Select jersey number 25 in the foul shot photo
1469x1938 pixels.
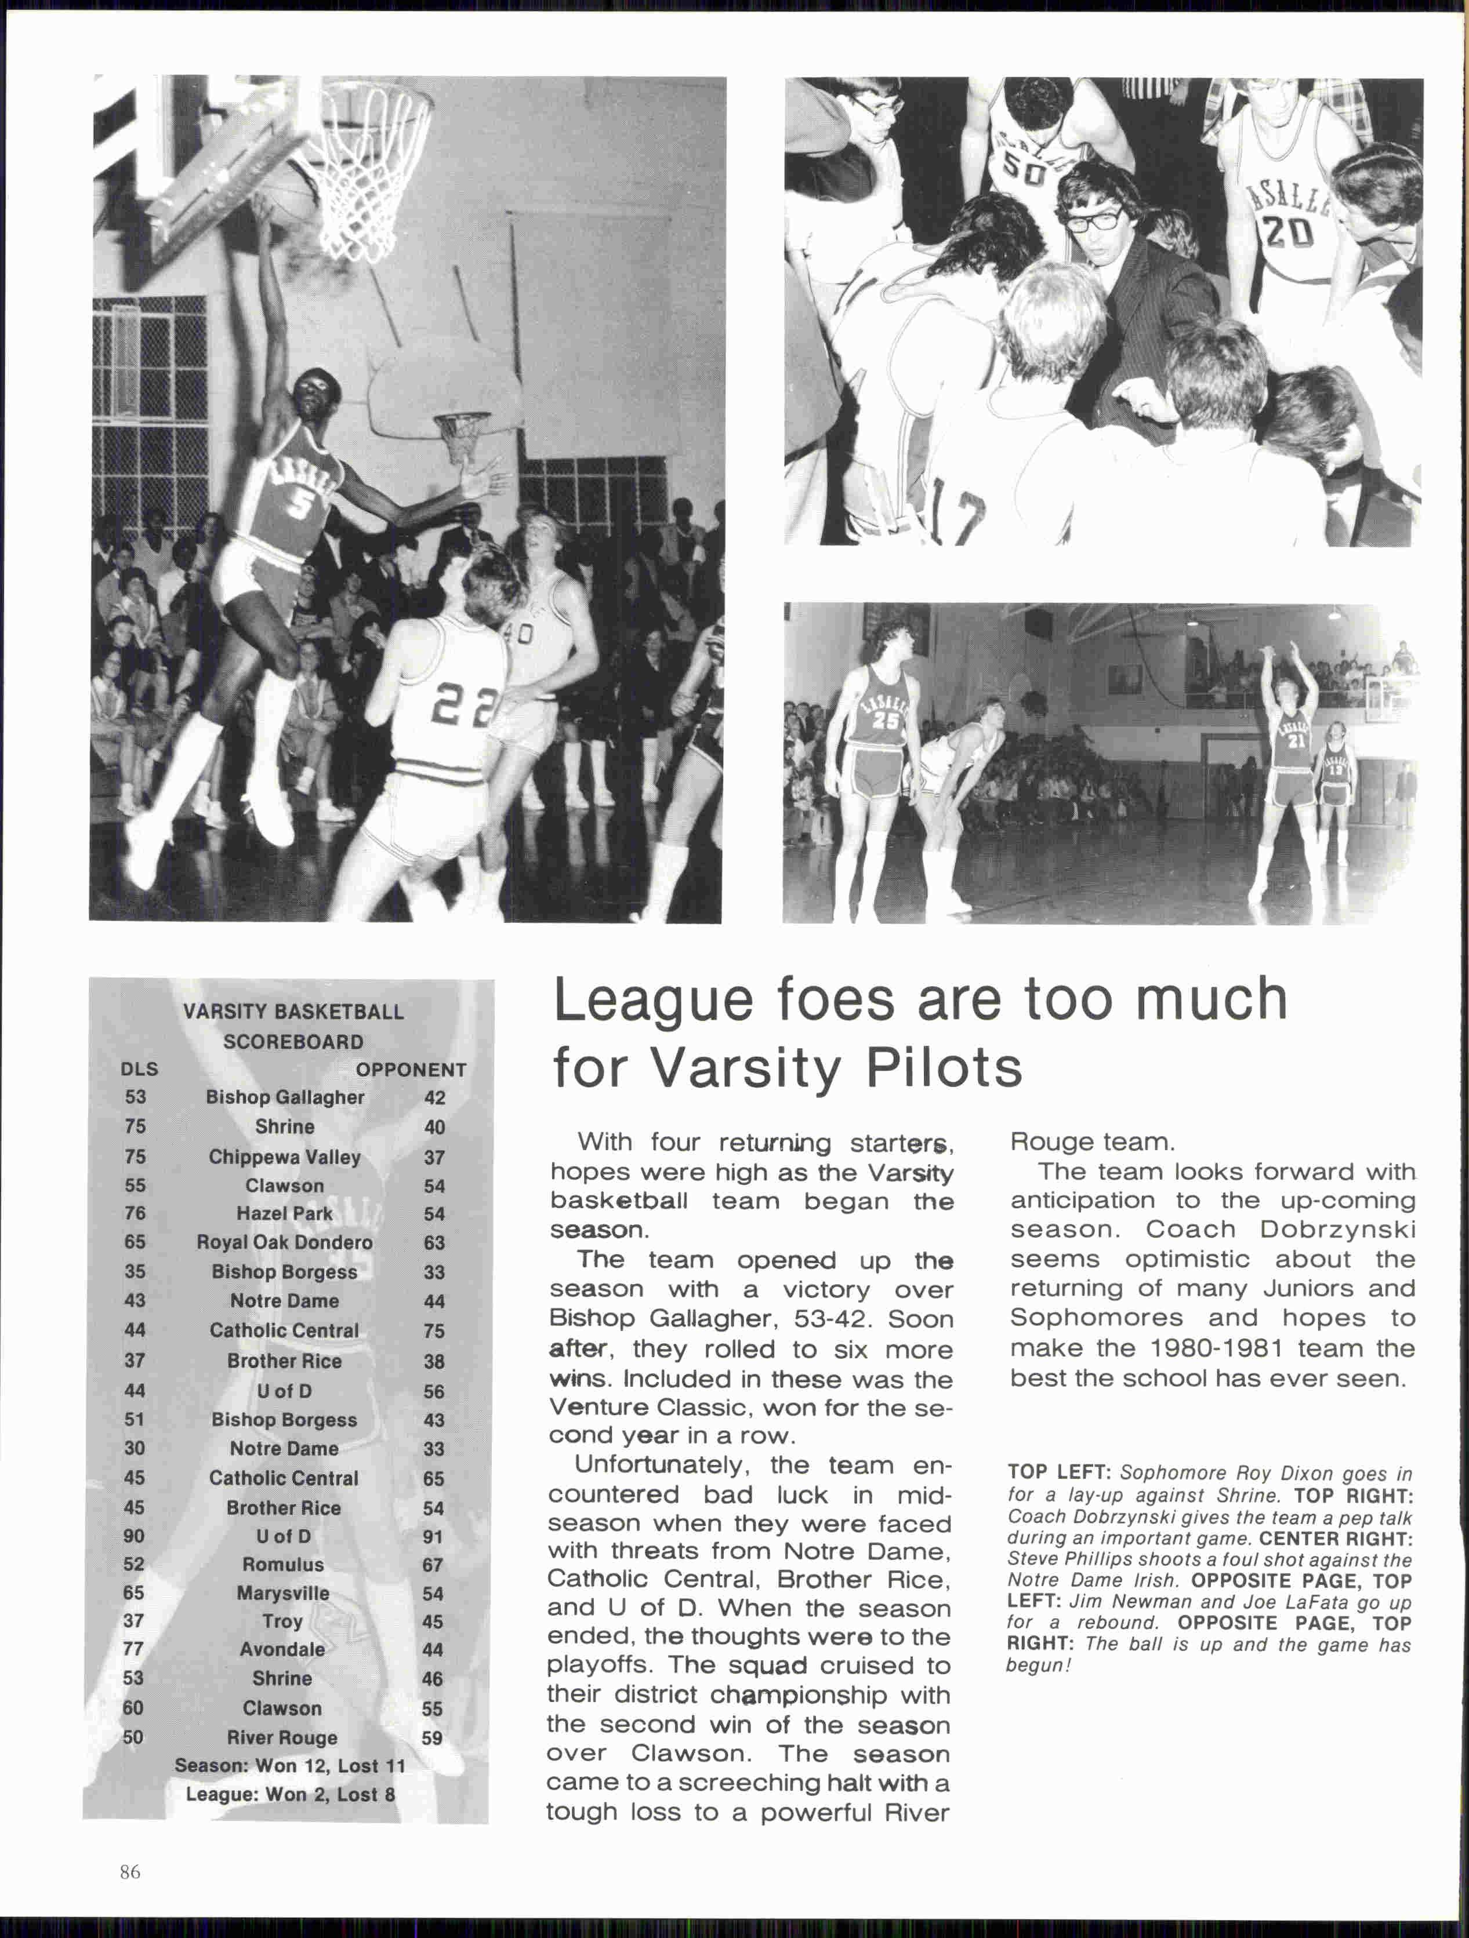886,720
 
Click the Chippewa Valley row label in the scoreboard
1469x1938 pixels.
285,1157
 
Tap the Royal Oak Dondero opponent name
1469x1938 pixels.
285,1242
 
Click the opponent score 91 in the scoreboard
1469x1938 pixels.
433,1537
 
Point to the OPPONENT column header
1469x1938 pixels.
411,1070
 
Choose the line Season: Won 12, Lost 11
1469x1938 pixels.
289,1765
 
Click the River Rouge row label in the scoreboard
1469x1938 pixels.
282,1737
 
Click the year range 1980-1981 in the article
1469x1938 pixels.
1215,1348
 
